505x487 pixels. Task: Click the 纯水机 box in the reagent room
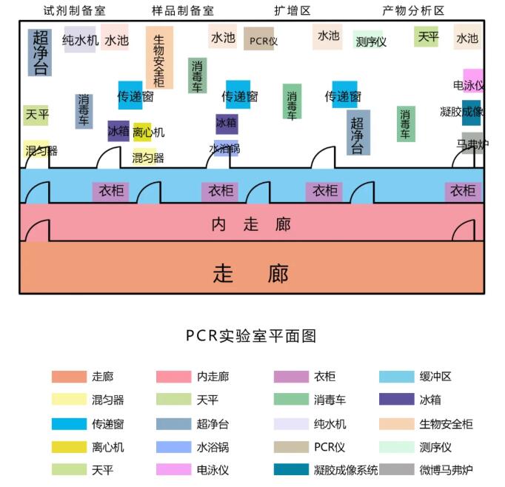(x=80, y=39)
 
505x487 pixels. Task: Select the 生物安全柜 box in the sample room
(x=159, y=57)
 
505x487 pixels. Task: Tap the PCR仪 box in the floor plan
(x=258, y=38)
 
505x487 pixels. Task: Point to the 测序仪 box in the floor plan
(x=368, y=39)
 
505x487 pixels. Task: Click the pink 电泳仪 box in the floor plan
(x=473, y=81)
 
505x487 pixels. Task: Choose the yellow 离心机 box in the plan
(x=142, y=132)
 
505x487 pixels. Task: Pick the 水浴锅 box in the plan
(x=226, y=148)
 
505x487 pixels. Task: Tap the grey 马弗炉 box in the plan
(x=472, y=143)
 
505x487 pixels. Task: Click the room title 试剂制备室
(x=75, y=10)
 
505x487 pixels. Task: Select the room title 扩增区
(x=292, y=10)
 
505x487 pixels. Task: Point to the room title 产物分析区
(x=413, y=10)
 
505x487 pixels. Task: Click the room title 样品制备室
(x=183, y=10)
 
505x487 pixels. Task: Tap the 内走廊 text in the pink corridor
(x=251, y=224)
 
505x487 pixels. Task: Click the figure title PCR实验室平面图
(x=251, y=336)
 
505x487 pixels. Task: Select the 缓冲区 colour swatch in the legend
(x=396, y=377)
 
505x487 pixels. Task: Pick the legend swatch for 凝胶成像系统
(x=291, y=469)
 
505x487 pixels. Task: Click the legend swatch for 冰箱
(x=396, y=399)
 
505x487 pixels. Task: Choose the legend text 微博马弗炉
(x=446, y=470)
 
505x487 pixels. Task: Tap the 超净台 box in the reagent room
(x=40, y=53)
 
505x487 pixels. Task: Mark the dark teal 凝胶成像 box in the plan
(x=471, y=112)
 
